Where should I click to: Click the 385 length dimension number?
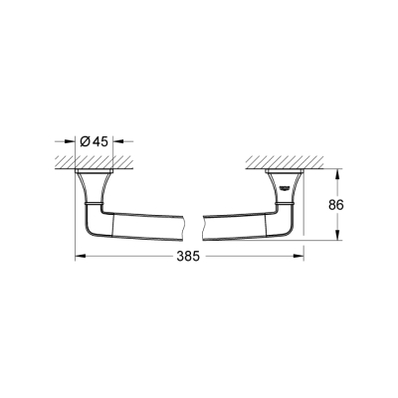[189, 256]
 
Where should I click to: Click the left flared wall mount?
[91, 185]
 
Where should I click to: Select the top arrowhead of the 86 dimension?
[341, 174]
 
